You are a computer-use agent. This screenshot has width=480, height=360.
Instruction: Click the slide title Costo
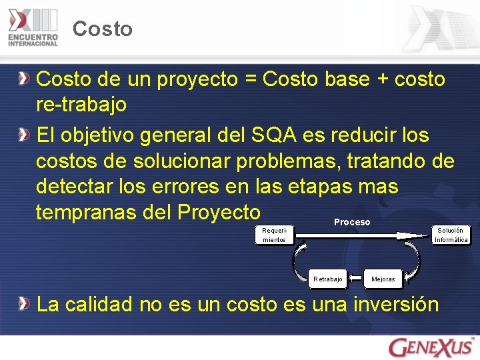point(103,29)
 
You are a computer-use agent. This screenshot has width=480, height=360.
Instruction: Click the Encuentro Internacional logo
point(33,27)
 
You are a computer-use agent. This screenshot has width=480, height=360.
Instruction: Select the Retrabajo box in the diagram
point(328,279)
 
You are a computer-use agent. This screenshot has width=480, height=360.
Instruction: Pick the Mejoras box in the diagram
point(383,279)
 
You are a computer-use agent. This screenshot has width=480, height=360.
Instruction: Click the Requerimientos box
point(274,235)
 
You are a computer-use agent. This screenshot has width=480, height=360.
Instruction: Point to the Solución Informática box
point(451,235)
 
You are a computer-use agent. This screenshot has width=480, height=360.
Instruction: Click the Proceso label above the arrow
point(352,222)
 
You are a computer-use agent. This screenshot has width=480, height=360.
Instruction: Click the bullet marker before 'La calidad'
point(24,304)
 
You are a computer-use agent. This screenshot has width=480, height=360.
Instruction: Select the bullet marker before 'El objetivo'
point(24,135)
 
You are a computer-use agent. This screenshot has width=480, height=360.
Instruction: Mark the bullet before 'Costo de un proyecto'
point(24,79)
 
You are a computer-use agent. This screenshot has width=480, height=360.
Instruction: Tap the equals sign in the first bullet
point(250,80)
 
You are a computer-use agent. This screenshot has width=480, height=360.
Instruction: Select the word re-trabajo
point(81,105)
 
